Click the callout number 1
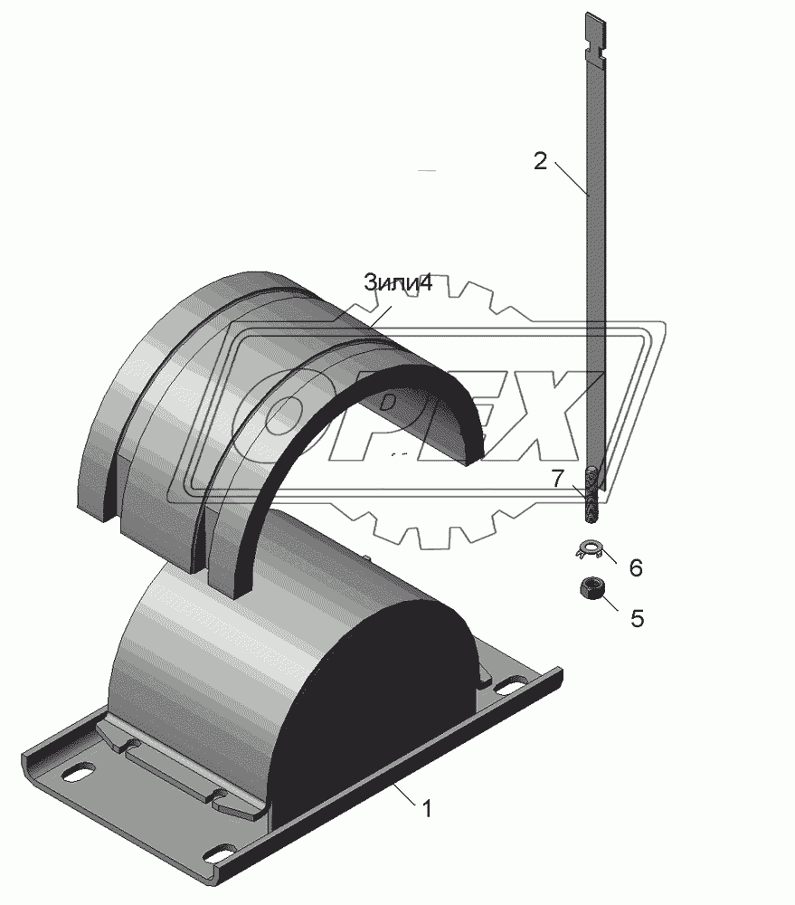(426, 810)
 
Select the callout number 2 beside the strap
(539, 161)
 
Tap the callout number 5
(637, 619)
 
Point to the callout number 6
(635, 568)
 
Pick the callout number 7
(557, 479)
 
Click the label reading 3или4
(398, 282)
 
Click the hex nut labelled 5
(591, 589)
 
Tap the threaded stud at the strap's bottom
(592, 496)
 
